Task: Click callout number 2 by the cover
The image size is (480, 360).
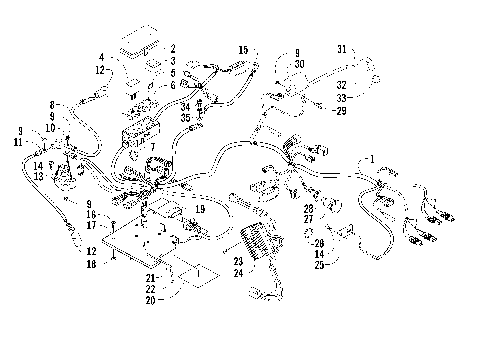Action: (172, 47)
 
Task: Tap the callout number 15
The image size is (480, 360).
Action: (243, 49)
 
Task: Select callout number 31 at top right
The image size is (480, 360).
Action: (341, 49)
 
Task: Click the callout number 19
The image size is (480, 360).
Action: (201, 208)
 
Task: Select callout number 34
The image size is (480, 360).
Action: (198, 106)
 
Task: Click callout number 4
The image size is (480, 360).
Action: (102, 57)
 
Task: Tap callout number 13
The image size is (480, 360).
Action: (38, 176)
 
